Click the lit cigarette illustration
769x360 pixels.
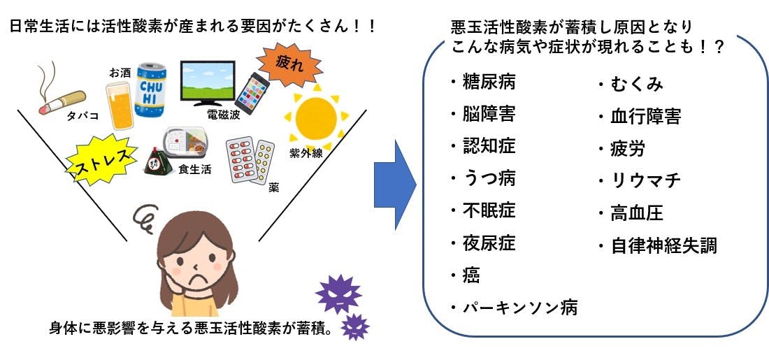click(x=62, y=101)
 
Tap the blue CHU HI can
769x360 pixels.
click(x=150, y=89)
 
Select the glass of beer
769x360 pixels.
click(x=120, y=105)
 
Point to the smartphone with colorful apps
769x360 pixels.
click(x=252, y=93)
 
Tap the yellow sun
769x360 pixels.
click(x=316, y=117)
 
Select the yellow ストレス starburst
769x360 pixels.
click(x=102, y=159)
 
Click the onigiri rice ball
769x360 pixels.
click(x=158, y=162)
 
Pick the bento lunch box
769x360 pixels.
click(x=185, y=142)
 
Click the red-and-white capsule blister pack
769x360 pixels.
click(x=242, y=159)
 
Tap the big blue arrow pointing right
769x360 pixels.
click(x=395, y=185)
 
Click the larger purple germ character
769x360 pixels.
click(x=338, y=294)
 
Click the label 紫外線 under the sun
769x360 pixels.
click(x=306, y=153)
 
